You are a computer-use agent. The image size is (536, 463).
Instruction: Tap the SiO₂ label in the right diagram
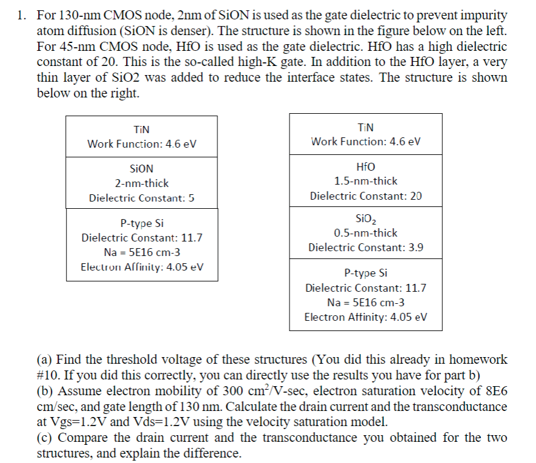[366, 218]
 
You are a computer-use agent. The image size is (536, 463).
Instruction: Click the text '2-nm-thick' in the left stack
[142, 183]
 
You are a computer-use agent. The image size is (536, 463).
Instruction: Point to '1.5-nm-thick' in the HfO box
[366, 181]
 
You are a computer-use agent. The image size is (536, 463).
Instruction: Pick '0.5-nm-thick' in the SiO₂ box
[366, 233]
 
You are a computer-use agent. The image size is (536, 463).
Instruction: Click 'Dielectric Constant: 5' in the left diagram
[142, 198]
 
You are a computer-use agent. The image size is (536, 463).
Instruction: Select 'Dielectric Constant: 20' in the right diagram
[366, 196]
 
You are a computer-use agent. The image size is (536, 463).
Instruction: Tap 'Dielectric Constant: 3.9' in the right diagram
[366, 248]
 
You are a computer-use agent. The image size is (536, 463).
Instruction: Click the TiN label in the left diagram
[142, 129]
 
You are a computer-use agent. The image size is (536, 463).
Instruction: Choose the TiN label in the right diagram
[366, 127]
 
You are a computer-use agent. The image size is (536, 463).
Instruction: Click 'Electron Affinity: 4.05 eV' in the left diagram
[142, 267]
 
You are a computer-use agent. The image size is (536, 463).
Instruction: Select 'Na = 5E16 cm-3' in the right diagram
[366, 302]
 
